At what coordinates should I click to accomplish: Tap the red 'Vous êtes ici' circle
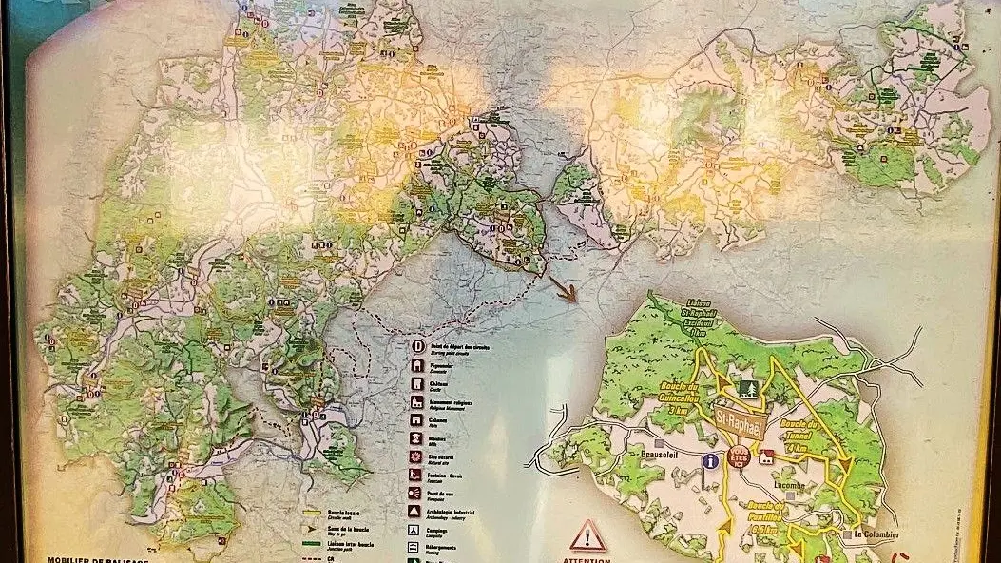[x=739, y=458]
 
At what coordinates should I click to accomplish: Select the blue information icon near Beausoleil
[x=709, y=460]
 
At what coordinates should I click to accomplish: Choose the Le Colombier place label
[x=877, y=533]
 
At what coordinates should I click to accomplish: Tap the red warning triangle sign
[x=588, y=535]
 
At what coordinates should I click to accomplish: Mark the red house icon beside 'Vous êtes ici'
[x=765, y=456]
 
